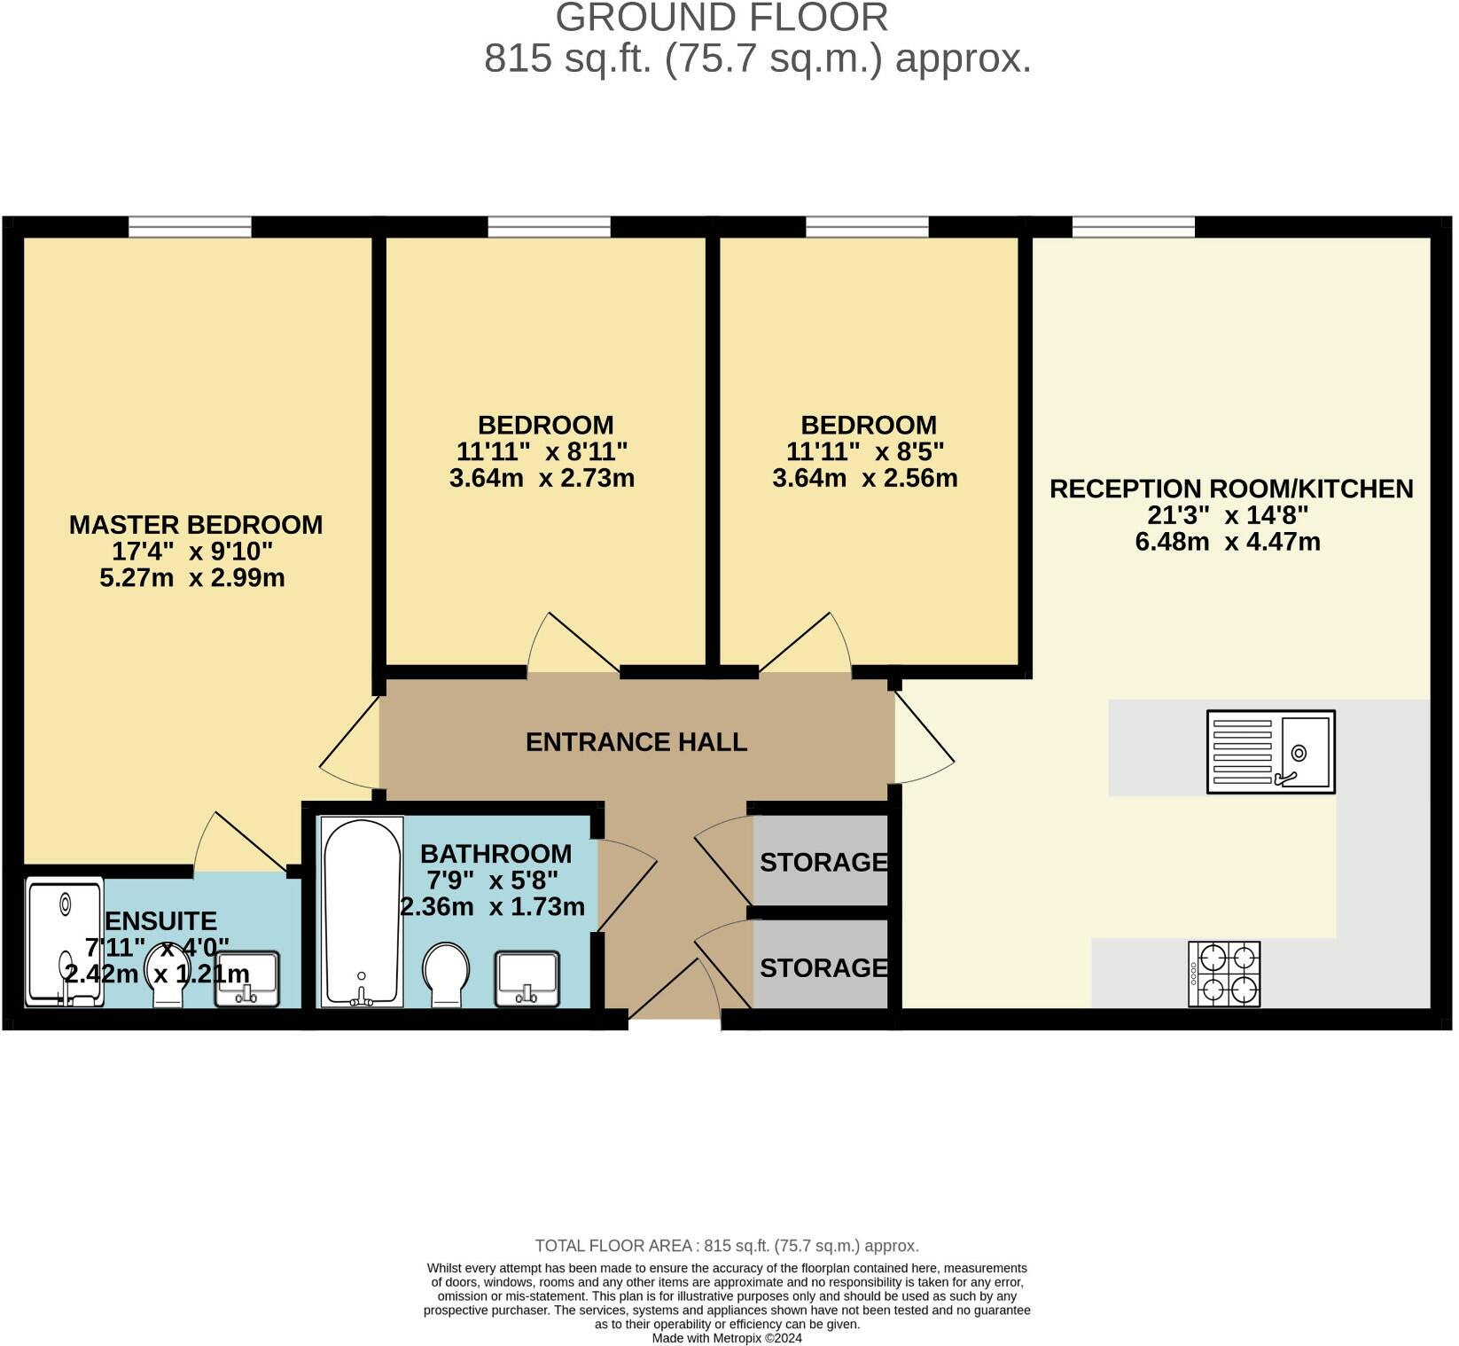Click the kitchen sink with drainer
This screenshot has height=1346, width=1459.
coord(1271,752)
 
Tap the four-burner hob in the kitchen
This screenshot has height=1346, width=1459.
coord(1224,974)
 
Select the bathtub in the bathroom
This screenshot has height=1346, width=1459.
coord(362,912)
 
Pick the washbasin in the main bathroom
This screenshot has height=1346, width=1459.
coord(527,979)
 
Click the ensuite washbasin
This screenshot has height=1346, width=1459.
coord(247,979)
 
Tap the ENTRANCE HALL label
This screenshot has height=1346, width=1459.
coord(636,741)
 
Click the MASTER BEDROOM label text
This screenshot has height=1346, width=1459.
coord(196,524)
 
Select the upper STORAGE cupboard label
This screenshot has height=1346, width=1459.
coord(823,861)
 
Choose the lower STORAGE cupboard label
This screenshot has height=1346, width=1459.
coord(823,966)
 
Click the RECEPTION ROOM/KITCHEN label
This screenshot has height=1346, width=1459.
coord(1231,489)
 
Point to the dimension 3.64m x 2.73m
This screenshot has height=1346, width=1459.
coord(542,478)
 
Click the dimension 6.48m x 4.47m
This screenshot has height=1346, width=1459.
coord(1228,541)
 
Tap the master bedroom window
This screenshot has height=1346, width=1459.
coord(190,227)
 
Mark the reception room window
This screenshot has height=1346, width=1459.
coord(1134,227)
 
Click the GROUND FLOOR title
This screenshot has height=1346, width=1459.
coord(722,18)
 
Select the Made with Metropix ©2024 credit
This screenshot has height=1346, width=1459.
coord(727,1338)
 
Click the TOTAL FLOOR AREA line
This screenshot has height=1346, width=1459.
coord(727,1246)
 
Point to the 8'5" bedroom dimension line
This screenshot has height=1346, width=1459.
coord(865,451)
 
